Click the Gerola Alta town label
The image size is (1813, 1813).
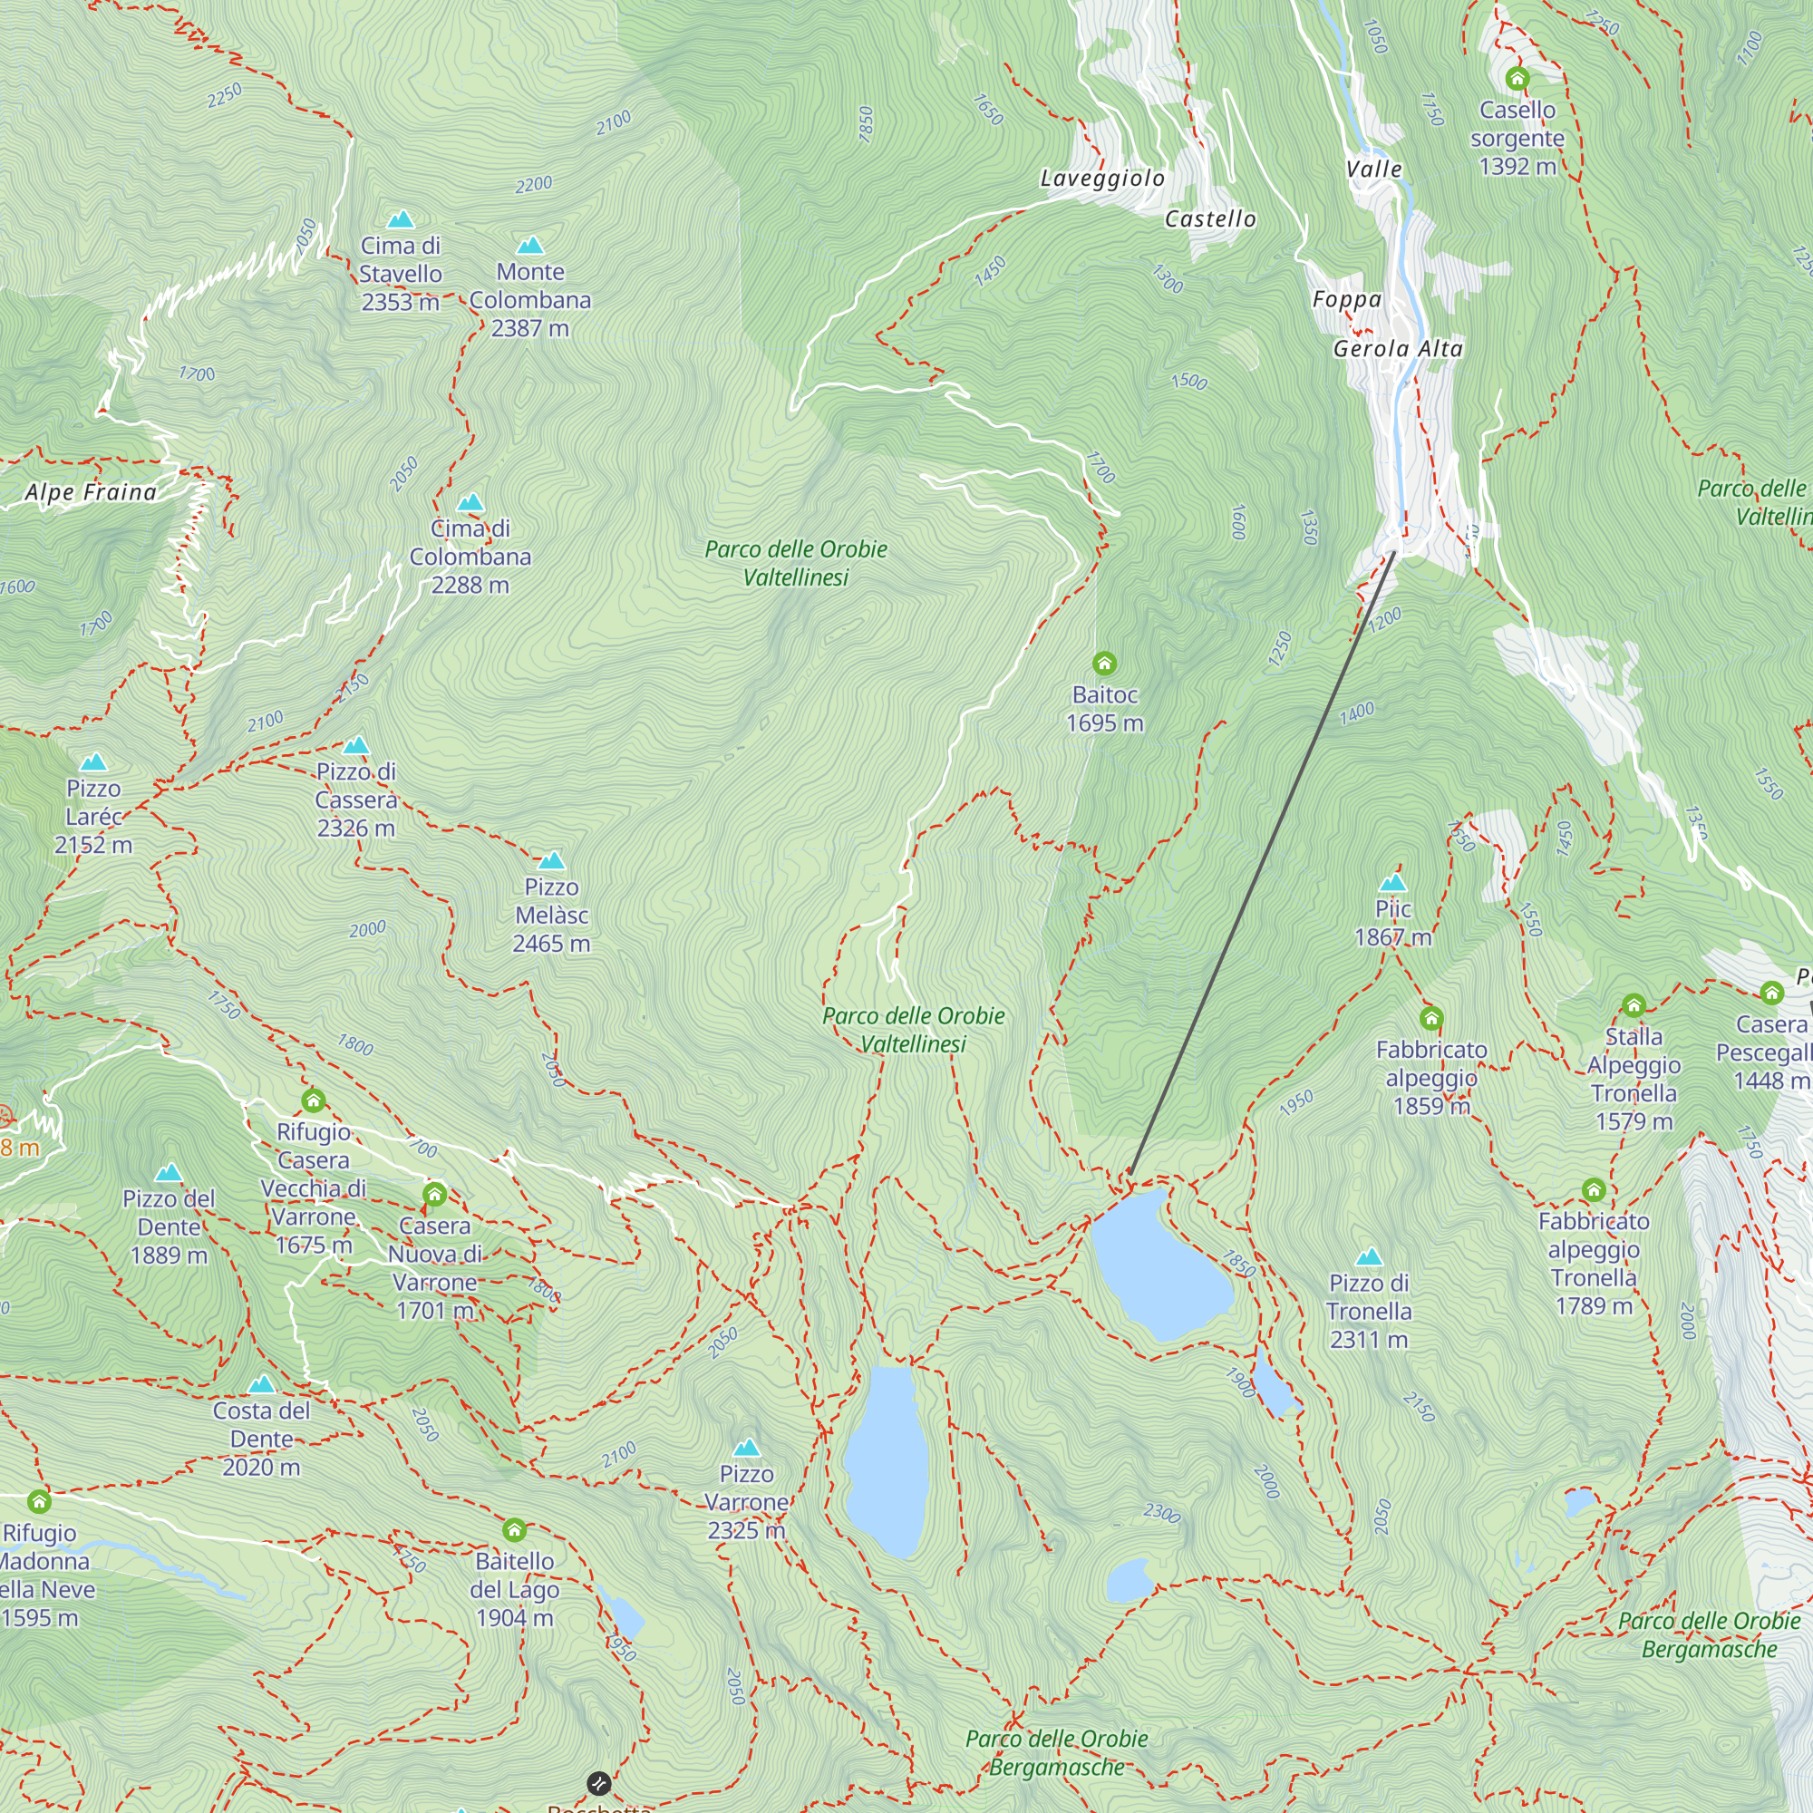[1397, 349]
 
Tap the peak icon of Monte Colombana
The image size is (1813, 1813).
[530, 246]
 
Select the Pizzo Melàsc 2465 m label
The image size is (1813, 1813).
[551, 915]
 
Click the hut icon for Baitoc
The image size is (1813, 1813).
[1104, 664]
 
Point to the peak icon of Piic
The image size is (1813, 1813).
[1392, 883]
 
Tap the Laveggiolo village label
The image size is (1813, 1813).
[1102, 179]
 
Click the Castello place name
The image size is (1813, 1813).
[1209, 219]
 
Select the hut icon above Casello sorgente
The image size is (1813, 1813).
[1517, 79]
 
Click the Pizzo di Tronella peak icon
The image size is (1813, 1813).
[1368, 1257]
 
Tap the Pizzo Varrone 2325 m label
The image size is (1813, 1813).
[746, 1502]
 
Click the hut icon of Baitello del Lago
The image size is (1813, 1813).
[513, 1530]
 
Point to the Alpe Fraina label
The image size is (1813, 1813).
[91, 492]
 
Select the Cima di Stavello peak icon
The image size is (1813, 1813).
[401, 219]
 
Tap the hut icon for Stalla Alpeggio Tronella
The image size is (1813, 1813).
[1633, 1006]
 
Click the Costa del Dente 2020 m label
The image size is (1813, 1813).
[261, 1439]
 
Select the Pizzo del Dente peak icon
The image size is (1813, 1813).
[168, 1173]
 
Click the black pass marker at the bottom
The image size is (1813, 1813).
[597, 1783]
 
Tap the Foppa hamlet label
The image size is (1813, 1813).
[1347, 300]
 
